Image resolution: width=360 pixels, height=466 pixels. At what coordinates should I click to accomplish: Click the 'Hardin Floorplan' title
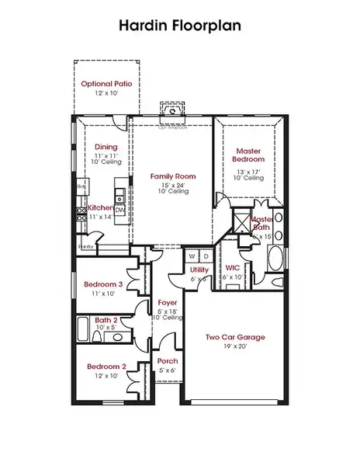coord(179,25)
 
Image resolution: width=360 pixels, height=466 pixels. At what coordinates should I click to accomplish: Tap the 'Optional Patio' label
coord(107,83)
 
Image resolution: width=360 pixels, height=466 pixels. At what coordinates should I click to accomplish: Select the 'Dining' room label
coord(106,147)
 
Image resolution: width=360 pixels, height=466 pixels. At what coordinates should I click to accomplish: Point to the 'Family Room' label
coord(172,176)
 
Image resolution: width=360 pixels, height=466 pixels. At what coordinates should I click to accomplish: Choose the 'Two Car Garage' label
coord(235,337)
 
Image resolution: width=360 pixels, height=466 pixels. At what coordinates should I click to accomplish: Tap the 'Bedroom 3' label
coord(103,285)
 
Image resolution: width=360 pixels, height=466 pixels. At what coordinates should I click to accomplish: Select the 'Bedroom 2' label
coord(106,366)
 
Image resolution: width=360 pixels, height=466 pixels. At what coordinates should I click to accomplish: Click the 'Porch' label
coord(168,361)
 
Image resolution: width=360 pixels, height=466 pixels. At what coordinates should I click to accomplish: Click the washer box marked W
coord(191,256)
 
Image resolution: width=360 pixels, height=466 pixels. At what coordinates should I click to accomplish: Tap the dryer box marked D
coord(206,256)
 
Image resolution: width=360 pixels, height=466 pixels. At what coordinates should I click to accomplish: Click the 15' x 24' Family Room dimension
coord(172,186)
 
